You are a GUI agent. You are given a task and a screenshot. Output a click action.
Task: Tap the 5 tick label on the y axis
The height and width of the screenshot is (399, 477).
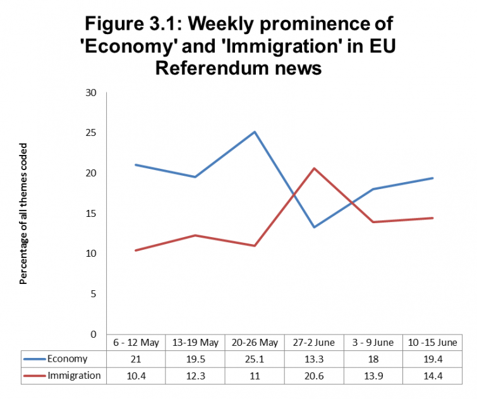[93, 293]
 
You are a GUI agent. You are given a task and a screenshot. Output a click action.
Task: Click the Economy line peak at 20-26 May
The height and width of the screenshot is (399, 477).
[255, 132]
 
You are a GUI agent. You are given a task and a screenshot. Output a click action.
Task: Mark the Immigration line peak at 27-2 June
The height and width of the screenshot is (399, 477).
[314, 168]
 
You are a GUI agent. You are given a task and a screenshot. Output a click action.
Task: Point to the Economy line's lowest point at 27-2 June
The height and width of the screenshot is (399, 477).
[314, 227]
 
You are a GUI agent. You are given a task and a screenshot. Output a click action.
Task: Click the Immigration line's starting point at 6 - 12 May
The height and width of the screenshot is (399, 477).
[136, 250]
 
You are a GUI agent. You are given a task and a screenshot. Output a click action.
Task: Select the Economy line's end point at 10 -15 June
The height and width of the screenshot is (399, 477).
[433, 178]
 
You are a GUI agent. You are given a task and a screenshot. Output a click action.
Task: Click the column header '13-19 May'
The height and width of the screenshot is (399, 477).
[195, 343]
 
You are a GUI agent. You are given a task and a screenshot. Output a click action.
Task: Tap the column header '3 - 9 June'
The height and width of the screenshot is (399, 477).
[373, 343]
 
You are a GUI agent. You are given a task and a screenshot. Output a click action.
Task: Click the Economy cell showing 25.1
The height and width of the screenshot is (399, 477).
[255, 359]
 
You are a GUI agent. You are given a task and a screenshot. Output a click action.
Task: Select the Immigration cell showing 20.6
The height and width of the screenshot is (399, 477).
[314, 376]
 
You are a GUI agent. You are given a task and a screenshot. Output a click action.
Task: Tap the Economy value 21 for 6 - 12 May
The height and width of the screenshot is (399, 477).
[136, 359]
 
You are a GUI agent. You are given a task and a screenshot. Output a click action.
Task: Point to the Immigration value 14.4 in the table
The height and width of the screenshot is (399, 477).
[433, 376]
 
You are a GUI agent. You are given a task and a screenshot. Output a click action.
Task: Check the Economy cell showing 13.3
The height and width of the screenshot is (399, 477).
[314, 359]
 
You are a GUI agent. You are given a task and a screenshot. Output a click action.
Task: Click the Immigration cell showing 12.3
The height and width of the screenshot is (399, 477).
[195, 376]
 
